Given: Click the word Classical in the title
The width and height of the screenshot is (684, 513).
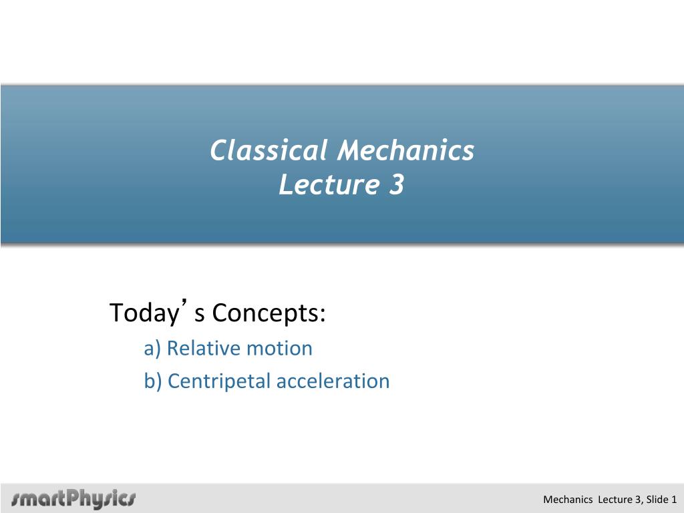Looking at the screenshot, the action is pos(269,150).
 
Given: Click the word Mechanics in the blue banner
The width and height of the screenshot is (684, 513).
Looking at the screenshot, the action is pos(405,150).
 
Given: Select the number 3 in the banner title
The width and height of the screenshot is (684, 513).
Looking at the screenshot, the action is pos(397,184).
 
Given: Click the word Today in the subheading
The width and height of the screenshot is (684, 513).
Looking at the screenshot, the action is pos(144,313).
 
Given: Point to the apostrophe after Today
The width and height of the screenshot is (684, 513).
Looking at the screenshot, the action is pos(186,303).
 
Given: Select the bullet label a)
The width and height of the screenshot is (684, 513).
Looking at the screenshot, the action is pos(153,349).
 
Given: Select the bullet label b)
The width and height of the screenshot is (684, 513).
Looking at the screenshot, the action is pos(153,381).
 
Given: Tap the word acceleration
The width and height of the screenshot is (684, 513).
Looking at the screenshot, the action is pos(333,381).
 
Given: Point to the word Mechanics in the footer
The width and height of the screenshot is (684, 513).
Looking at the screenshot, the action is pos(568,500).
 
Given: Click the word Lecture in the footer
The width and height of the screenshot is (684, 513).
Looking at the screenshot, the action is pos(615,500).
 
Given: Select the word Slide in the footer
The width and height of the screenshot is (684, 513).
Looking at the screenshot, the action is pos(657,500).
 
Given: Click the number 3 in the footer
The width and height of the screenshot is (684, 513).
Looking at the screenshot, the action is pos(637,500).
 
